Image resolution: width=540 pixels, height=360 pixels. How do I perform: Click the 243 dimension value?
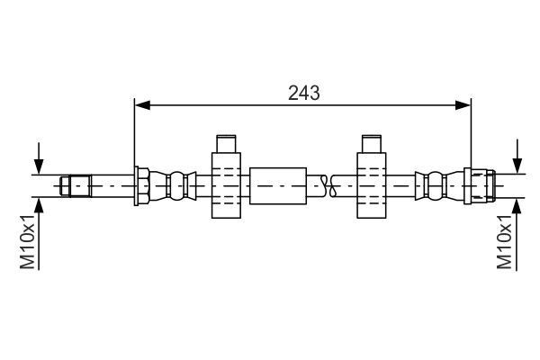(304, 93)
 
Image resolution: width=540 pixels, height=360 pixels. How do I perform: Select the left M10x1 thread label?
(28, 241)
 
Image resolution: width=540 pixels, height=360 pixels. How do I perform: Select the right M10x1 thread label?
(505, 241)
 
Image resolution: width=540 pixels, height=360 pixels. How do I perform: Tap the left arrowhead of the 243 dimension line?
(142, 105)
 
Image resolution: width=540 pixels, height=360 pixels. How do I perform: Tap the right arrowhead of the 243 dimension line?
(463, 105)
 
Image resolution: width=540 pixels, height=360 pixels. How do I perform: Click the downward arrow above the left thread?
(39, 158)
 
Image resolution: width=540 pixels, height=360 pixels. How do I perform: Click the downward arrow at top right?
(517, 156)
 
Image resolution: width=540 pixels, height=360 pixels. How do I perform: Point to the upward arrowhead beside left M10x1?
(39, 206)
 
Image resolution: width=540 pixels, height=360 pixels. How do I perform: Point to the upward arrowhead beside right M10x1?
(517, 206)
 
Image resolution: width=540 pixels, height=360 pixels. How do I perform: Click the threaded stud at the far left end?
(76, 186)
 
